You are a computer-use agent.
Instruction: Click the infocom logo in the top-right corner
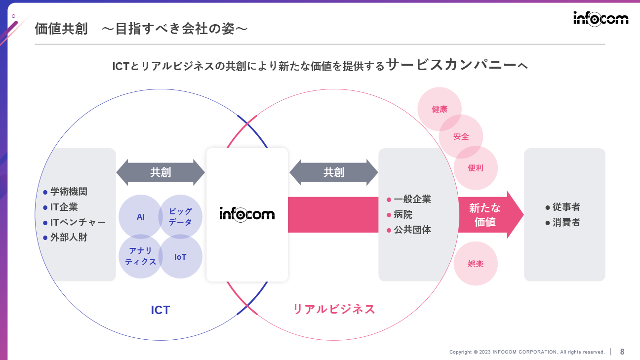600,19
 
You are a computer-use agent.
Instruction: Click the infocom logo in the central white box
247,214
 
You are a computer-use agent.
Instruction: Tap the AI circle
140,216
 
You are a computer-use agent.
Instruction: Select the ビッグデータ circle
181,216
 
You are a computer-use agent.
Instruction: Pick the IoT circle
180,257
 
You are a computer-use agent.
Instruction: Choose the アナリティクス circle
140,257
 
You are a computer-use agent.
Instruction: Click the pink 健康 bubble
440,109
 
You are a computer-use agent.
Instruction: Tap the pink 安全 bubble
461,137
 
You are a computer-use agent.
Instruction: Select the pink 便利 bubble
476,168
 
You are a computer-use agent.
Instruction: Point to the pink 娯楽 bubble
476,264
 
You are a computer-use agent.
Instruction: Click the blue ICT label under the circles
160,310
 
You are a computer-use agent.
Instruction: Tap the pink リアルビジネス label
334,309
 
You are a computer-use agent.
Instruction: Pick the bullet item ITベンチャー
78,222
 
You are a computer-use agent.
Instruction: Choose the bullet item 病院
403,214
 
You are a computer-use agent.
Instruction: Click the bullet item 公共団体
412,230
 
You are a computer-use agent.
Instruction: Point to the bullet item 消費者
566,222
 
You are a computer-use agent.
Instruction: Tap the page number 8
622,352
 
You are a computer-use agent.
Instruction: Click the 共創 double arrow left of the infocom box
160,172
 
